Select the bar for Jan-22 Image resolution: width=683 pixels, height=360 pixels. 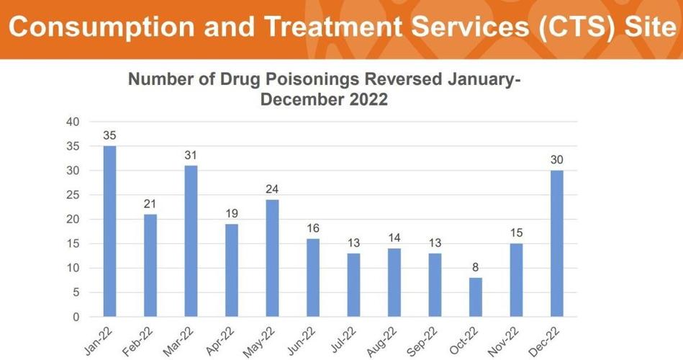pos(109,231)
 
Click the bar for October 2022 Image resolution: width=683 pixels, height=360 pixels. pos(476,297)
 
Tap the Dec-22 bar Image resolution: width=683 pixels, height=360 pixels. pos(557,243)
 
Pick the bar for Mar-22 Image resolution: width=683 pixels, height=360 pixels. pos(191,241)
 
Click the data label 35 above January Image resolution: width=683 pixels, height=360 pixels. pos(109,135)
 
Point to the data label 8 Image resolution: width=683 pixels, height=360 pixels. pos(476,267)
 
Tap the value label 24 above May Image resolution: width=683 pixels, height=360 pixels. pos(272,189)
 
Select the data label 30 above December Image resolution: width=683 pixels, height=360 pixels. pos(557,160)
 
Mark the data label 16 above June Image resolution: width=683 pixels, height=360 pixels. pos(313,228)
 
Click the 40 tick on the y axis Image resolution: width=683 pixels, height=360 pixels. pos(72,122)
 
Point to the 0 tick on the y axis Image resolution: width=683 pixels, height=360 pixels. pos(76,317)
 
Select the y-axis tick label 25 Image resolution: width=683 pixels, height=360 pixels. pos(72,195)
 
